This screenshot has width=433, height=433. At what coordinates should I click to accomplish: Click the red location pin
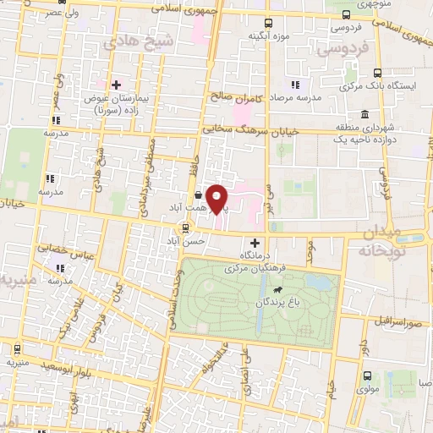pyautogui.click(x=217, y=198)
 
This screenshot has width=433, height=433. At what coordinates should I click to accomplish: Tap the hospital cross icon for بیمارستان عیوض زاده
pyautogui.click(x=116, y=85)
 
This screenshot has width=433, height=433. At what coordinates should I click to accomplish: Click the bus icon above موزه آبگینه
pyautogui.click(x=268, y=23)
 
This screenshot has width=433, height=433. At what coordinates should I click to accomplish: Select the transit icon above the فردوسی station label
pyautogui.click(x=345, y=14)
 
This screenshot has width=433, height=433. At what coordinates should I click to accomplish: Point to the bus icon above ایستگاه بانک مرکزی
pyautogui.click(x=378, y=73)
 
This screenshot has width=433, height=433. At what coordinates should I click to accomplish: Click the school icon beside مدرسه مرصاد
pyautogui.click(x=295, y=85)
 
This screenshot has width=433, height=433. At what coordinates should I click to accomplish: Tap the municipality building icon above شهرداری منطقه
pyautogui.click(x=364, y=114)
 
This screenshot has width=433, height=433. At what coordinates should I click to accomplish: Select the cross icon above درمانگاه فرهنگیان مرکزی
pyautogui.click(x=255, y=243)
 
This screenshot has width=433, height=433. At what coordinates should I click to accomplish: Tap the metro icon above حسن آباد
pyautogui.click(x=185, y=227)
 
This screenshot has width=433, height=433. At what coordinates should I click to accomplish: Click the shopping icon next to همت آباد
pyautogui.click(x=198, y=195)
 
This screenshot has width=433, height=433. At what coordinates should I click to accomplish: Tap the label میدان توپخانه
pyautogui.click(x=387, y=241)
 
